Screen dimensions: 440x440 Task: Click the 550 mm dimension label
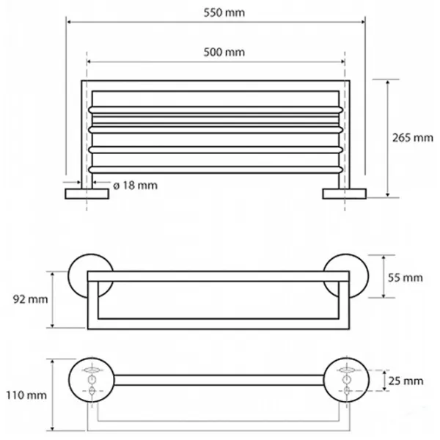coord(224,13)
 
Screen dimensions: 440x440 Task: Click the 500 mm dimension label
coord(224,52)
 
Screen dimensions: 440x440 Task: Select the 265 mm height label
coord(412,138)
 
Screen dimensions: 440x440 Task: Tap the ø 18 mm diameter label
coord(135,186)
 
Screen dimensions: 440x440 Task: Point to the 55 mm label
coord(406,278)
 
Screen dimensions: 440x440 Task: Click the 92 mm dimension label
coord(30,299)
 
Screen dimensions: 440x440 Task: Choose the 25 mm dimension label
coord(406,381)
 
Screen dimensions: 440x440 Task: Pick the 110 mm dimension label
coord(26,395)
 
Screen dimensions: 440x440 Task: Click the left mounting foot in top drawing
coord(87,194)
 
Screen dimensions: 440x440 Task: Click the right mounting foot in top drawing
coord(345,194)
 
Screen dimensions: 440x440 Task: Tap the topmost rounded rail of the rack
coord(216,110)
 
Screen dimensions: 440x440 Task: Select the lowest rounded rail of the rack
coord(216,170)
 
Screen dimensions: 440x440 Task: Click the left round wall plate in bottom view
coord(92,380)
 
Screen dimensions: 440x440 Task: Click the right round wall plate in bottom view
coord(346,380)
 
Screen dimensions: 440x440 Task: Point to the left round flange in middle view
coord(91,276)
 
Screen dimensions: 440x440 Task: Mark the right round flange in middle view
coord(345,276)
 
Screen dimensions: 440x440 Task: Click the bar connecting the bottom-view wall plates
coord(219,380)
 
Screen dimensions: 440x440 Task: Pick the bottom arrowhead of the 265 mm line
coord(387,194)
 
